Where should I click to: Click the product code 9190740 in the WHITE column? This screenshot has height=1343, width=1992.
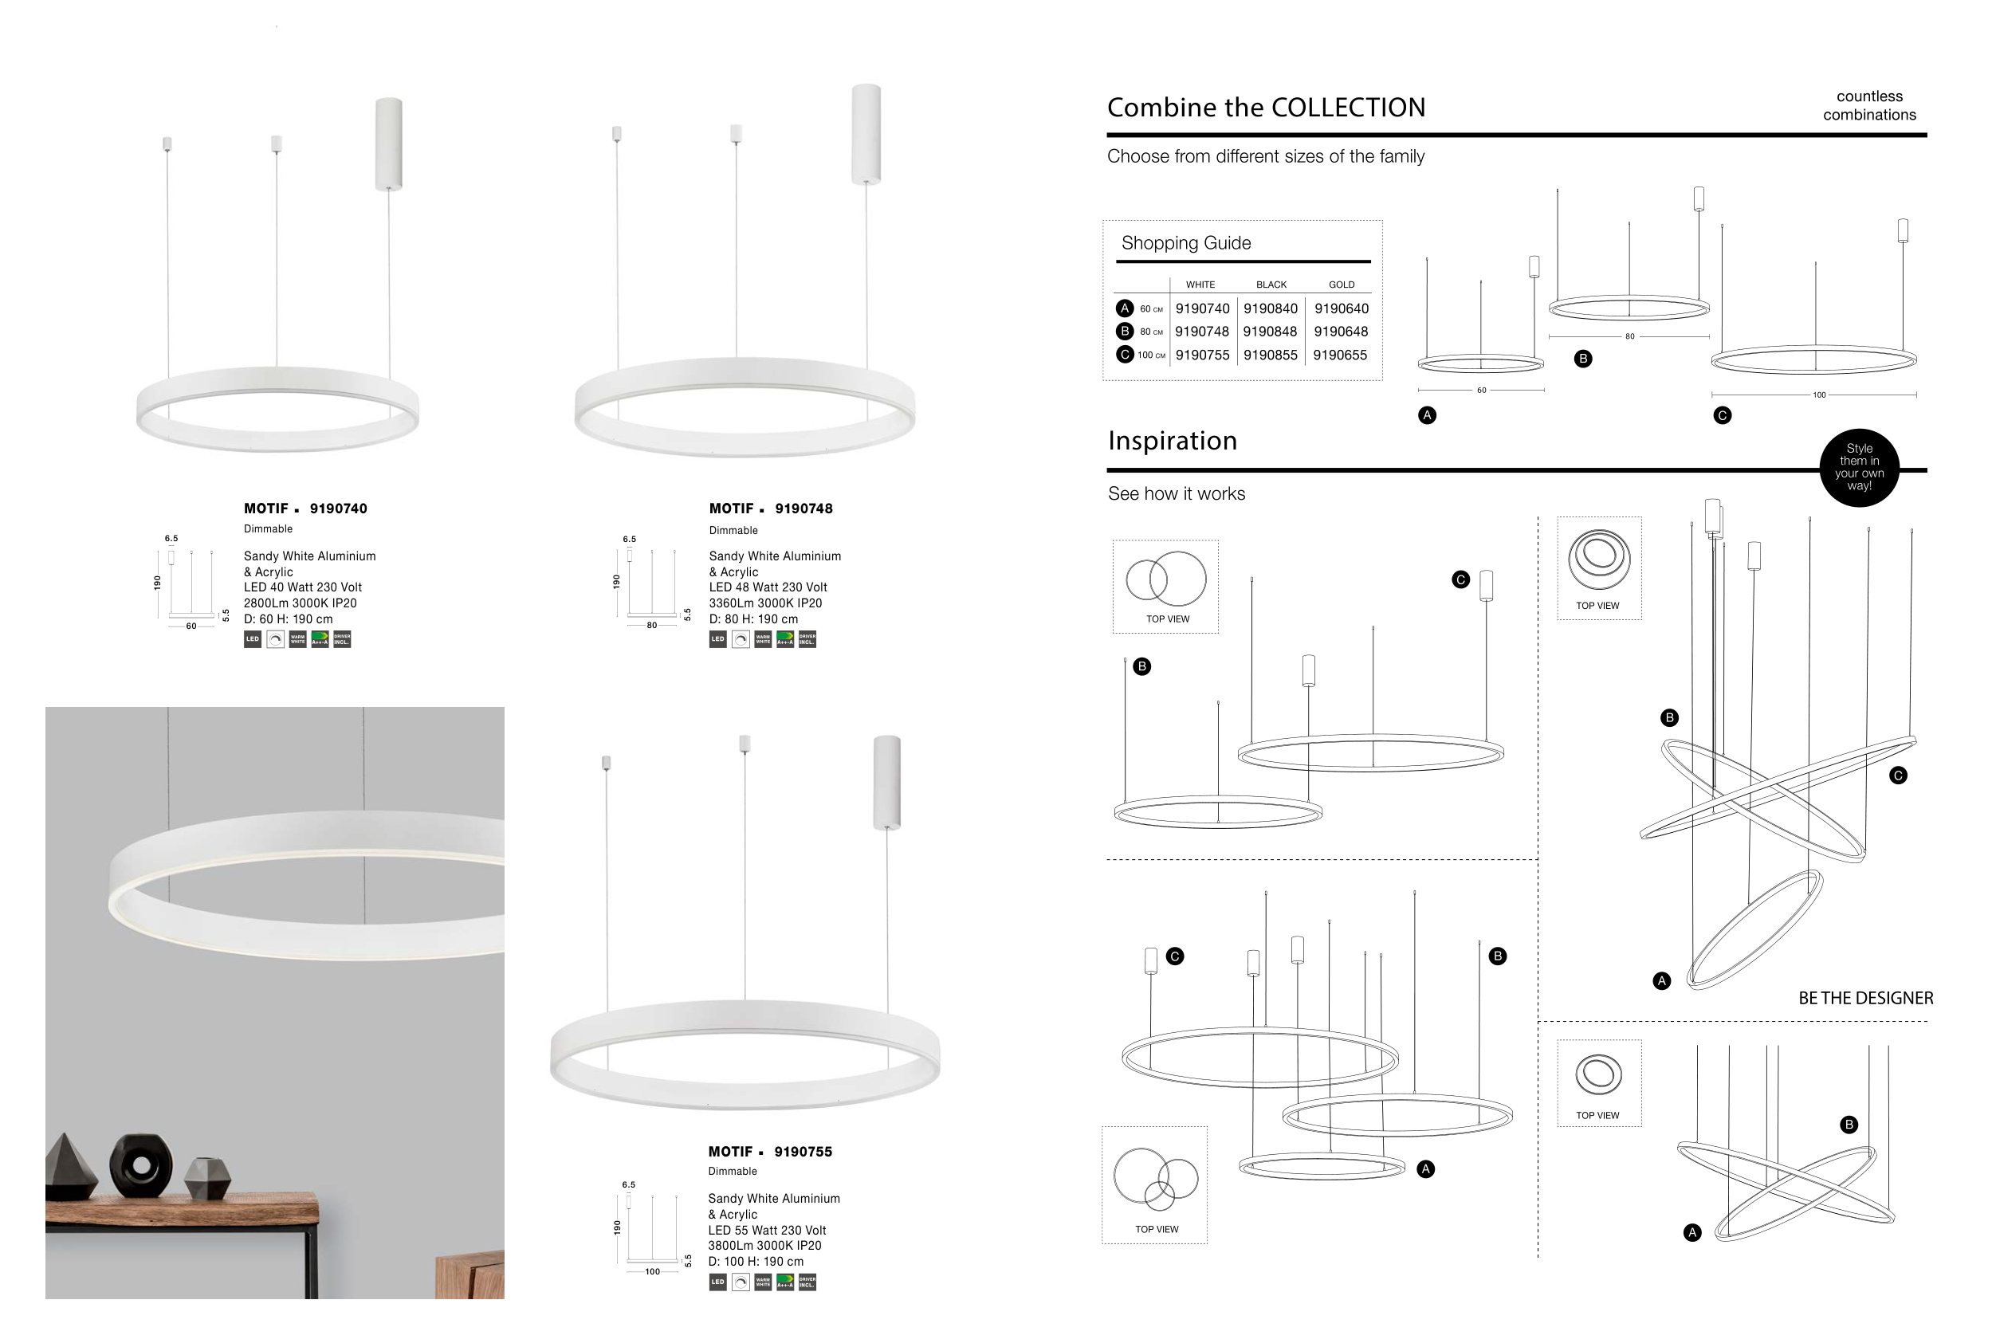[x=1201, y=308]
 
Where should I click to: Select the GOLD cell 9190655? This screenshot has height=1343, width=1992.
[x=1339, y=355]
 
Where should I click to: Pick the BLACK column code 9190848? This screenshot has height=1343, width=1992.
[x=1270, y=332]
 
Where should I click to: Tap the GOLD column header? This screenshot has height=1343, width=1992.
[x=1341, y=285]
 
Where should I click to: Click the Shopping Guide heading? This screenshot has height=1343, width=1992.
[x=1185, y=243]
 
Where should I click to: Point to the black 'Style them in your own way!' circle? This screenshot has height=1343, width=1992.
[x=1858, y=468]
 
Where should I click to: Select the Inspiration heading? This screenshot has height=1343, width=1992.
[x=1172, y=440]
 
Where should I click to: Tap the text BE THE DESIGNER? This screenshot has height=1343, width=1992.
[x=1864, y=998]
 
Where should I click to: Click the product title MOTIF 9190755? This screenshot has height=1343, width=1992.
[x=769, y=1152]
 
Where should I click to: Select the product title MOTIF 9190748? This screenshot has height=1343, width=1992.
[x=770, y=509]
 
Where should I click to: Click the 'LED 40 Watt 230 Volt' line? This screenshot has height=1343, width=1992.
[x=302, y=587]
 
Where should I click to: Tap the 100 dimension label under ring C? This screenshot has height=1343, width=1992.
[x=1818, y=395]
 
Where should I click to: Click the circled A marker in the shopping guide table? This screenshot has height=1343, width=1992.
[x=1125, y=308]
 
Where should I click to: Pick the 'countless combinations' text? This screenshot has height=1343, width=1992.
[x=1868, y=105]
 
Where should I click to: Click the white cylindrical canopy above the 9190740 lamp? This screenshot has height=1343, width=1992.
[x=389, y=143]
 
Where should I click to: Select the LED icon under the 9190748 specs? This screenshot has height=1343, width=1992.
[x=717, y=639]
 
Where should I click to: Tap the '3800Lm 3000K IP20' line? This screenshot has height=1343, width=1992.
[x=764, y=1245]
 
